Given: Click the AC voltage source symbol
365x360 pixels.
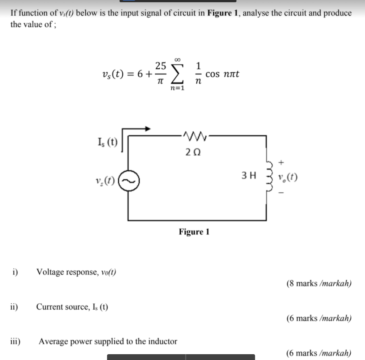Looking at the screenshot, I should [x=129, y=182].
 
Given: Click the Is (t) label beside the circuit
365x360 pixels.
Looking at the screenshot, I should [x=107, y=143].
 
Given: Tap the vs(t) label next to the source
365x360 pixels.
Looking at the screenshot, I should [x=107, y=182].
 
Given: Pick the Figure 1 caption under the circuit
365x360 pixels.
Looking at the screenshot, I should [x=194, y=232].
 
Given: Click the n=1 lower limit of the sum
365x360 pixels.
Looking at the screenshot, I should [x=178, y=88].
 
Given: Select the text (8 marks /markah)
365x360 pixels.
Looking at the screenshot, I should [x=319, y=283].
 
